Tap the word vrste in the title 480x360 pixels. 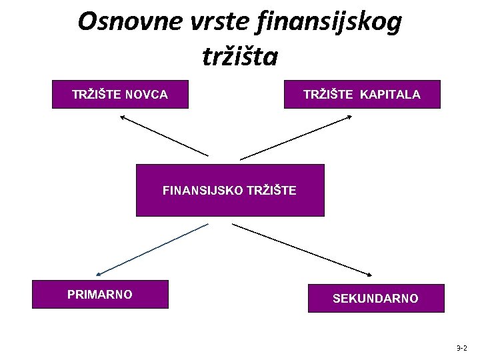pyautogui.click(x=202, y=22)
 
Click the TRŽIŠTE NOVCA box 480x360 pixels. pyautogui.click(x=120, y=95)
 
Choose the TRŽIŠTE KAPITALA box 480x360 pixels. pyautogui.click(x=362, y=95)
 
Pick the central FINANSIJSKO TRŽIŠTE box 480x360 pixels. pyautogui.click(x=230, y=191)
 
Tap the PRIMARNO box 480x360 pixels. pyautogui.click(x=101, y=294)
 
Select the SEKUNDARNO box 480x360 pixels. pyautogui.click(x=375, y=298)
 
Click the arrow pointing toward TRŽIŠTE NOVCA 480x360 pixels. pyautogui.click(x=164, y=135)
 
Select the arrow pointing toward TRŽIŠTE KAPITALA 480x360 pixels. pyautogui.click(x=296, y=137)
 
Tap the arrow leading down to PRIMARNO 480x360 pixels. pyautogui.click(x=152, y=249)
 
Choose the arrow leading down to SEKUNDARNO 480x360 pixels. pyautogui.click(x=301, y=249)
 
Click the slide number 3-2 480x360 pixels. pyautogui.click(x=462, y=348)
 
